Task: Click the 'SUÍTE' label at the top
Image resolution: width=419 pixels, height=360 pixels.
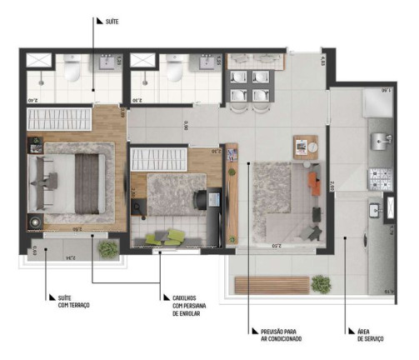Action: pyautogui.click(x=107, y=22)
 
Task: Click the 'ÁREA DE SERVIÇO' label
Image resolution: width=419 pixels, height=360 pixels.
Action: pyautogui.click(x=369, y=335)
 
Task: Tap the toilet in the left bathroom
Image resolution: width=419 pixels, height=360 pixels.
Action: pyautogui.click(x=72, y=71)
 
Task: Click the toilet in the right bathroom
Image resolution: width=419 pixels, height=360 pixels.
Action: pyautogui.click(x=174, y=71)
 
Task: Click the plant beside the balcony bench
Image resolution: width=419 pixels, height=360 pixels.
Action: pyautogui.click(x=320, y=284)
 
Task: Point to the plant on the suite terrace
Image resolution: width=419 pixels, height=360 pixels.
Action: pyautogui.click(x=107, y=247)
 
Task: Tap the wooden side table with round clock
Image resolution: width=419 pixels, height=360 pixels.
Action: pyautogui.click(x=306, y=145)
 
